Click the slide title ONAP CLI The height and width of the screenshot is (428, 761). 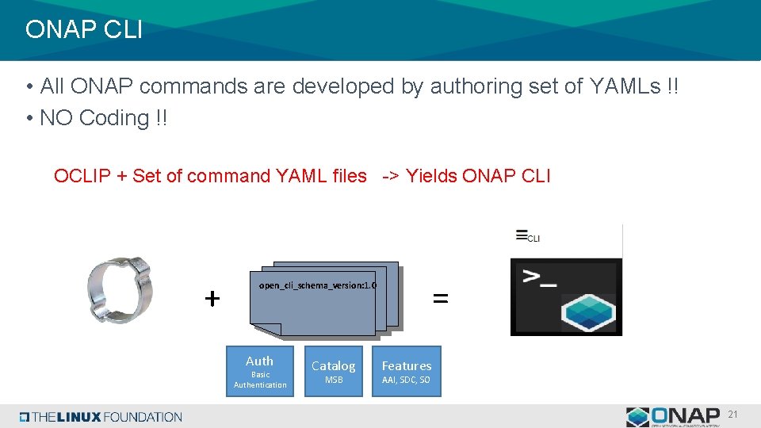point(83,30)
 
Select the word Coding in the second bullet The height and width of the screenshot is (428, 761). point(114,118)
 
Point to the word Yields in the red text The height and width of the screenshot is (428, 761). point(430,176)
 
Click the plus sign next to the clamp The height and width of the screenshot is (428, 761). point(212,299)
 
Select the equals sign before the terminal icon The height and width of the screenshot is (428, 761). point(440,299)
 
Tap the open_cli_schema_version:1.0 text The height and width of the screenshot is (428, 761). point(317,285)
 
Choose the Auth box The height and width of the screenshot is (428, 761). point(260,371)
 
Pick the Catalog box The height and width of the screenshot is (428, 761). point(334,371)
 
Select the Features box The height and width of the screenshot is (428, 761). point(406,371)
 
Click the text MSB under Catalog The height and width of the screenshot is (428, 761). point(334,381)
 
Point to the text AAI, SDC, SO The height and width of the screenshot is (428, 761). point(406,381)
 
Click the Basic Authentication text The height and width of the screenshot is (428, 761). point(260,380)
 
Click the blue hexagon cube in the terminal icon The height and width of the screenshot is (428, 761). point(589,312)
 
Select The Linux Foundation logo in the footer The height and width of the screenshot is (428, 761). point(101,417)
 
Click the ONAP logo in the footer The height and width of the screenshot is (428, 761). point(673,416)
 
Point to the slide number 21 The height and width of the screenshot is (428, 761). point(733,415)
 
